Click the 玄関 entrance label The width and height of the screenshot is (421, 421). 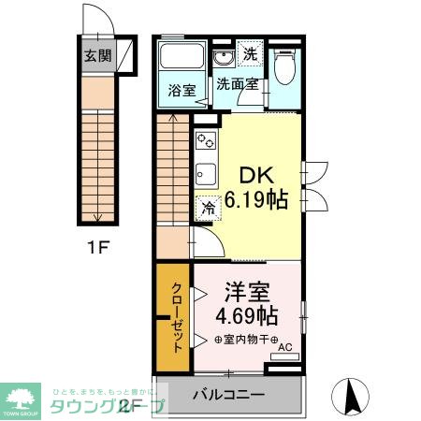pos(96,54)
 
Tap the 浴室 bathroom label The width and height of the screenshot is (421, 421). pos(181,91)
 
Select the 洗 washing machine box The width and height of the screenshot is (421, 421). pos(250,54)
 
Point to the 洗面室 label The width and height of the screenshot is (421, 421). pos(238,84)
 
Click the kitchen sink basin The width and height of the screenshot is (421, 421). pos(205,174)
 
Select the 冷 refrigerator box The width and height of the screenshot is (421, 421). pos(206,209)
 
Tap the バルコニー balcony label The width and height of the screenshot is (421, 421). pos(229,394)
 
